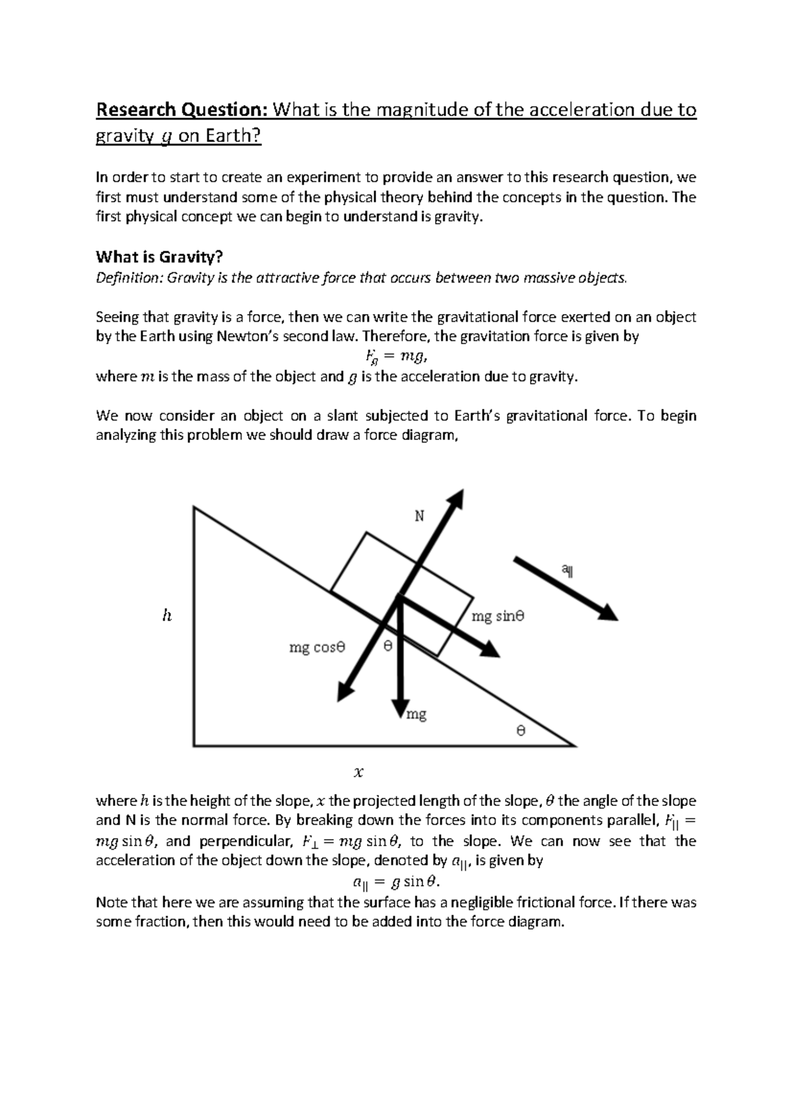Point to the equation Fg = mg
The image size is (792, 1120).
tap(395, 357)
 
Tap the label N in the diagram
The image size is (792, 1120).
tap(419, 516)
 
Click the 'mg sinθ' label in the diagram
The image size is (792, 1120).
tap(498, 617)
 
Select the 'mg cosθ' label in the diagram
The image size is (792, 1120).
tap(317, 648)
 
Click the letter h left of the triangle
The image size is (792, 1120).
tap(167, 616)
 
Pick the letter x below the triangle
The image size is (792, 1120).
tap(359, 772)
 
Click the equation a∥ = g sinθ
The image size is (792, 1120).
tap(396, 882)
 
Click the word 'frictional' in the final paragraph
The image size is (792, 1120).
tap(548, 902)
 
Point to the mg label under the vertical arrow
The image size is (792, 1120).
tap(416, 714)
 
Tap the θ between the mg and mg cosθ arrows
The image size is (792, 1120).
tap(387, 646)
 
